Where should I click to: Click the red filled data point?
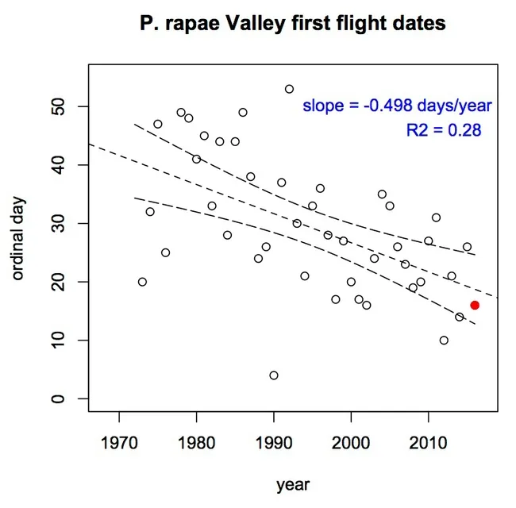pyautogui.click(x=475, y=305)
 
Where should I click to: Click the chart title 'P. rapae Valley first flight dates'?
pyautogui.click(x=293, y=25)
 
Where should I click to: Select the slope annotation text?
pyautogui.click(x=397, y=106)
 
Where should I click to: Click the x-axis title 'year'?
pyautogui.click(x=293, y=484)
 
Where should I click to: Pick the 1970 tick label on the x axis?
pyautogui.click(x=119, y=440)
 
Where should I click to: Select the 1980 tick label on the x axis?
pyautogui.click(x=196, y=440)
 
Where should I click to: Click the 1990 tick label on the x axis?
pyautogui.click(x=274, y=440)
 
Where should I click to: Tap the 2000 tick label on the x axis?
pyautogui.click(x=351, y=440)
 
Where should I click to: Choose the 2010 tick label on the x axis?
pyautogui.click(x=429, y=440)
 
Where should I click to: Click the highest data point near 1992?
pyautogui.click(x=289, y=89)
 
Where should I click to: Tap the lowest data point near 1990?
pyautogui.click(x=274, y=375)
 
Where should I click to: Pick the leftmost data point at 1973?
pyautogui.click(x=142, y=282)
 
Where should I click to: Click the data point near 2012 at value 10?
pyautogui.click(x=444, y=340)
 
